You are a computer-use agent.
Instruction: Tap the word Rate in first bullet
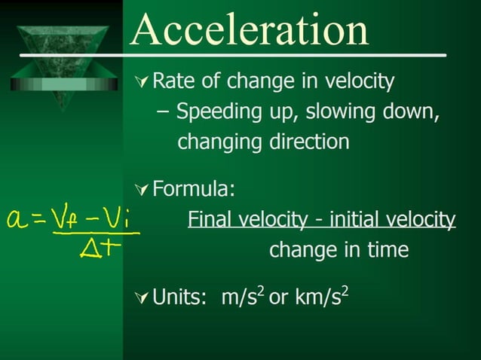(171, 81)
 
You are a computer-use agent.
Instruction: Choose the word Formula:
(194, 188)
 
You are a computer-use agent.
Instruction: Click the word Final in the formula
(207, 219)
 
